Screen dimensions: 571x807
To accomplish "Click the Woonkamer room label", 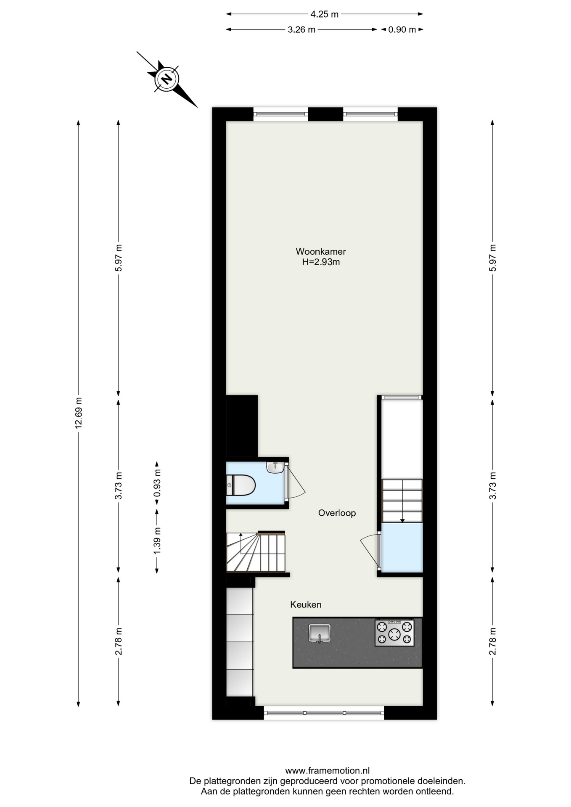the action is pos(320,251).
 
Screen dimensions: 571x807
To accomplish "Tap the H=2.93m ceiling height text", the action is pos(321,262).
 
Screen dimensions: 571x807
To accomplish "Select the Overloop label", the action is pos(337,513).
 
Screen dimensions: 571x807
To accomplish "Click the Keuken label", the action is pos(306,604).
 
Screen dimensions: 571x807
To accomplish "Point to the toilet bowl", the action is pos(241,485).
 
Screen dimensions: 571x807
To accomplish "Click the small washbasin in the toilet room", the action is pos(275,467).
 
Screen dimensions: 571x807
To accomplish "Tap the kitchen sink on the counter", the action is pos(320,633).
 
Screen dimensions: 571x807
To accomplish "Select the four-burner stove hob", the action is pos(394,633).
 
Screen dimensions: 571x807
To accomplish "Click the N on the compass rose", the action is pos(167,79).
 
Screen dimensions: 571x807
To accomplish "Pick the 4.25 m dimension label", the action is pos(324,14).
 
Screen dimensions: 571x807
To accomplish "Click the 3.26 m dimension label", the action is pos(301,29).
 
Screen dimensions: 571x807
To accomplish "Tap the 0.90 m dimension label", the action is pos(402,29).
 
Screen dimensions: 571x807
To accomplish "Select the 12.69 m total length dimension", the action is pos(78,413).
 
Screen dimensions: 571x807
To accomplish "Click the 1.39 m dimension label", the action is pos(157,540).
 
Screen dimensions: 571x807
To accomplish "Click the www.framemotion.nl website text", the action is pos(328,771).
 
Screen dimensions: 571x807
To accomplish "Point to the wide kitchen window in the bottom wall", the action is pos(324,713).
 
